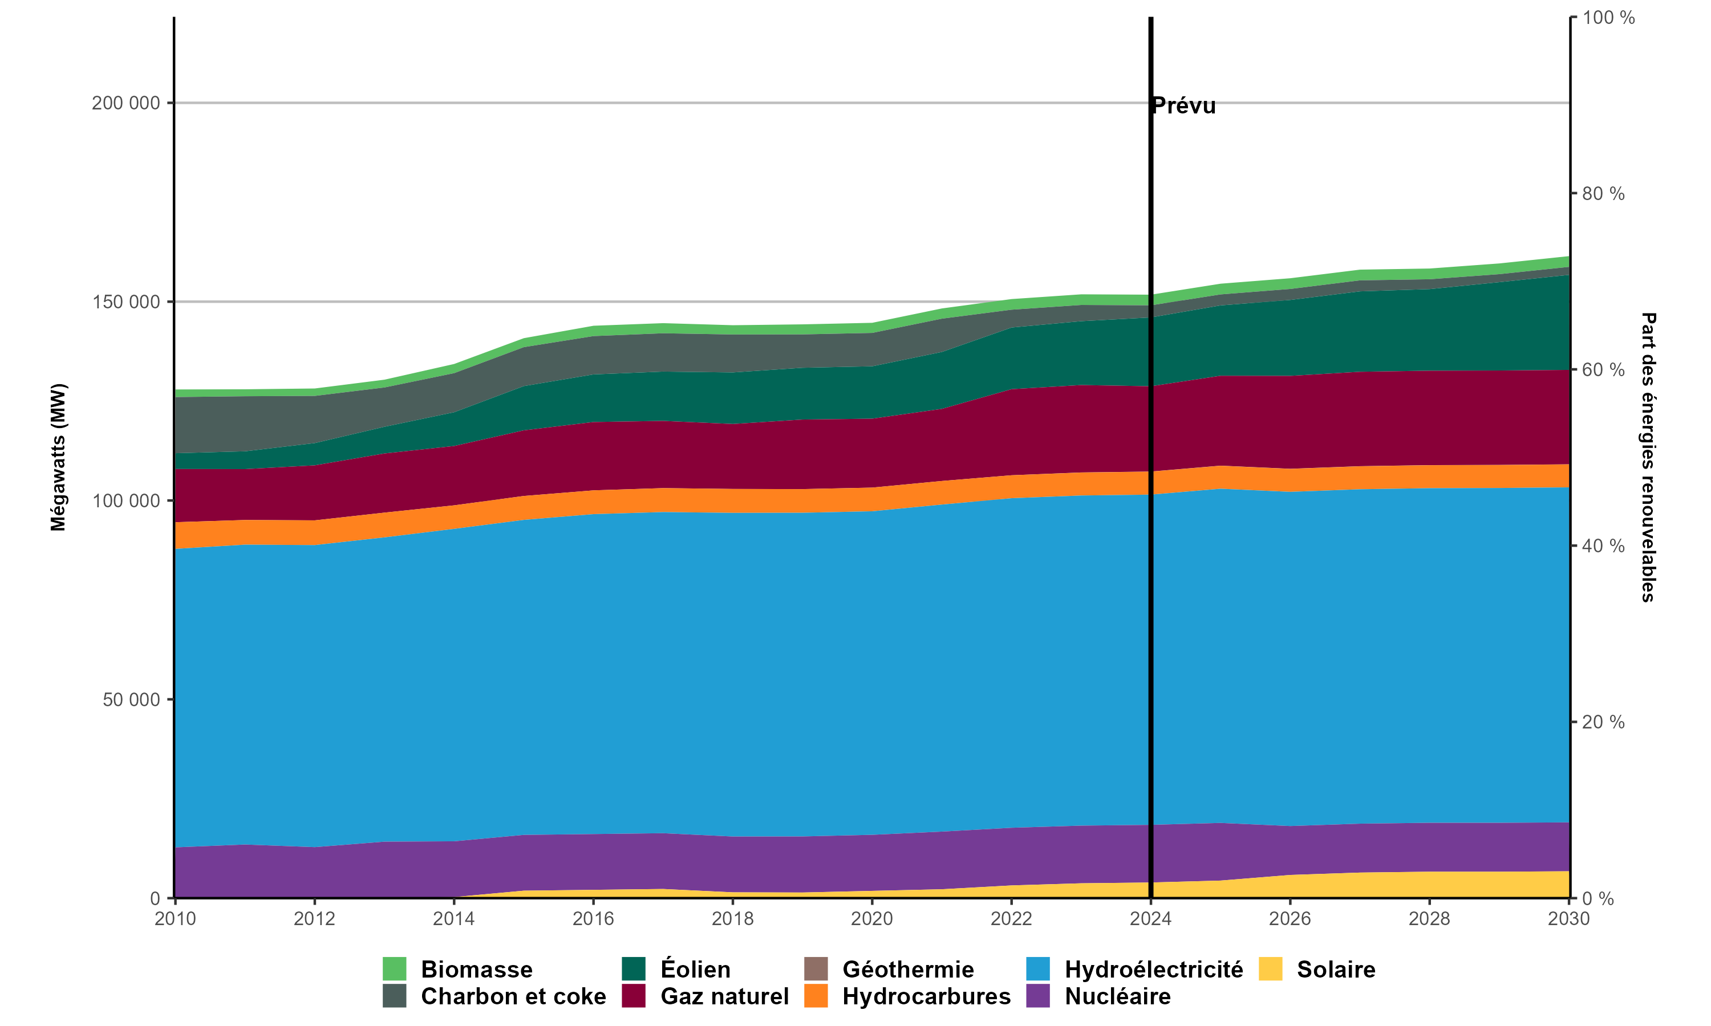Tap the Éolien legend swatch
point(634,968)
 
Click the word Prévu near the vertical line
point(1184,106)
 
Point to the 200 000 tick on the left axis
point(126,103)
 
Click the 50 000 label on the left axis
point(131,699)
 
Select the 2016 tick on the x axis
point(593,919)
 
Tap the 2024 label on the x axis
point(1150,919)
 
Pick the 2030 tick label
point(1568,919)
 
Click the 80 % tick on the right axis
point(1603,194)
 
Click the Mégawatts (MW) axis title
point(58,457)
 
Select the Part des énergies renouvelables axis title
point(1649,457)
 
